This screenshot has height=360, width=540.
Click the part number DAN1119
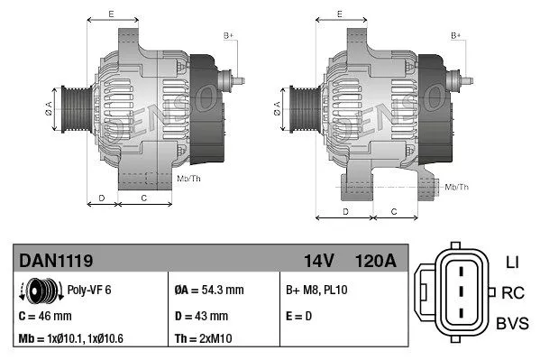[x=56, y=261]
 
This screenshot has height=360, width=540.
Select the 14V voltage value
[x=319, y=261]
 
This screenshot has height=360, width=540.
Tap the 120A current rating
[x=376, y=261]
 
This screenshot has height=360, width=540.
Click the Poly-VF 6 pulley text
[x=90, y=291]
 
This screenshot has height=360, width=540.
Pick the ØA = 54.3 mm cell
[x=210, y=291]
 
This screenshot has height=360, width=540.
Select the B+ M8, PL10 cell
[x=318, y=291]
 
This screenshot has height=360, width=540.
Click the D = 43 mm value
[x=203, y=316]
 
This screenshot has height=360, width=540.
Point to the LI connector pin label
[x=511, y=263]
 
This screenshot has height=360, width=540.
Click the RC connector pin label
[x=513, y=292]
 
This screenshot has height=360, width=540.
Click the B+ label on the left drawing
[x=228, y=34]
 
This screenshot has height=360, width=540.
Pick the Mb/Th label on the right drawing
[x=457, y=187]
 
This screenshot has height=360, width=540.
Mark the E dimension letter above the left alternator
[x=111, y=14]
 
